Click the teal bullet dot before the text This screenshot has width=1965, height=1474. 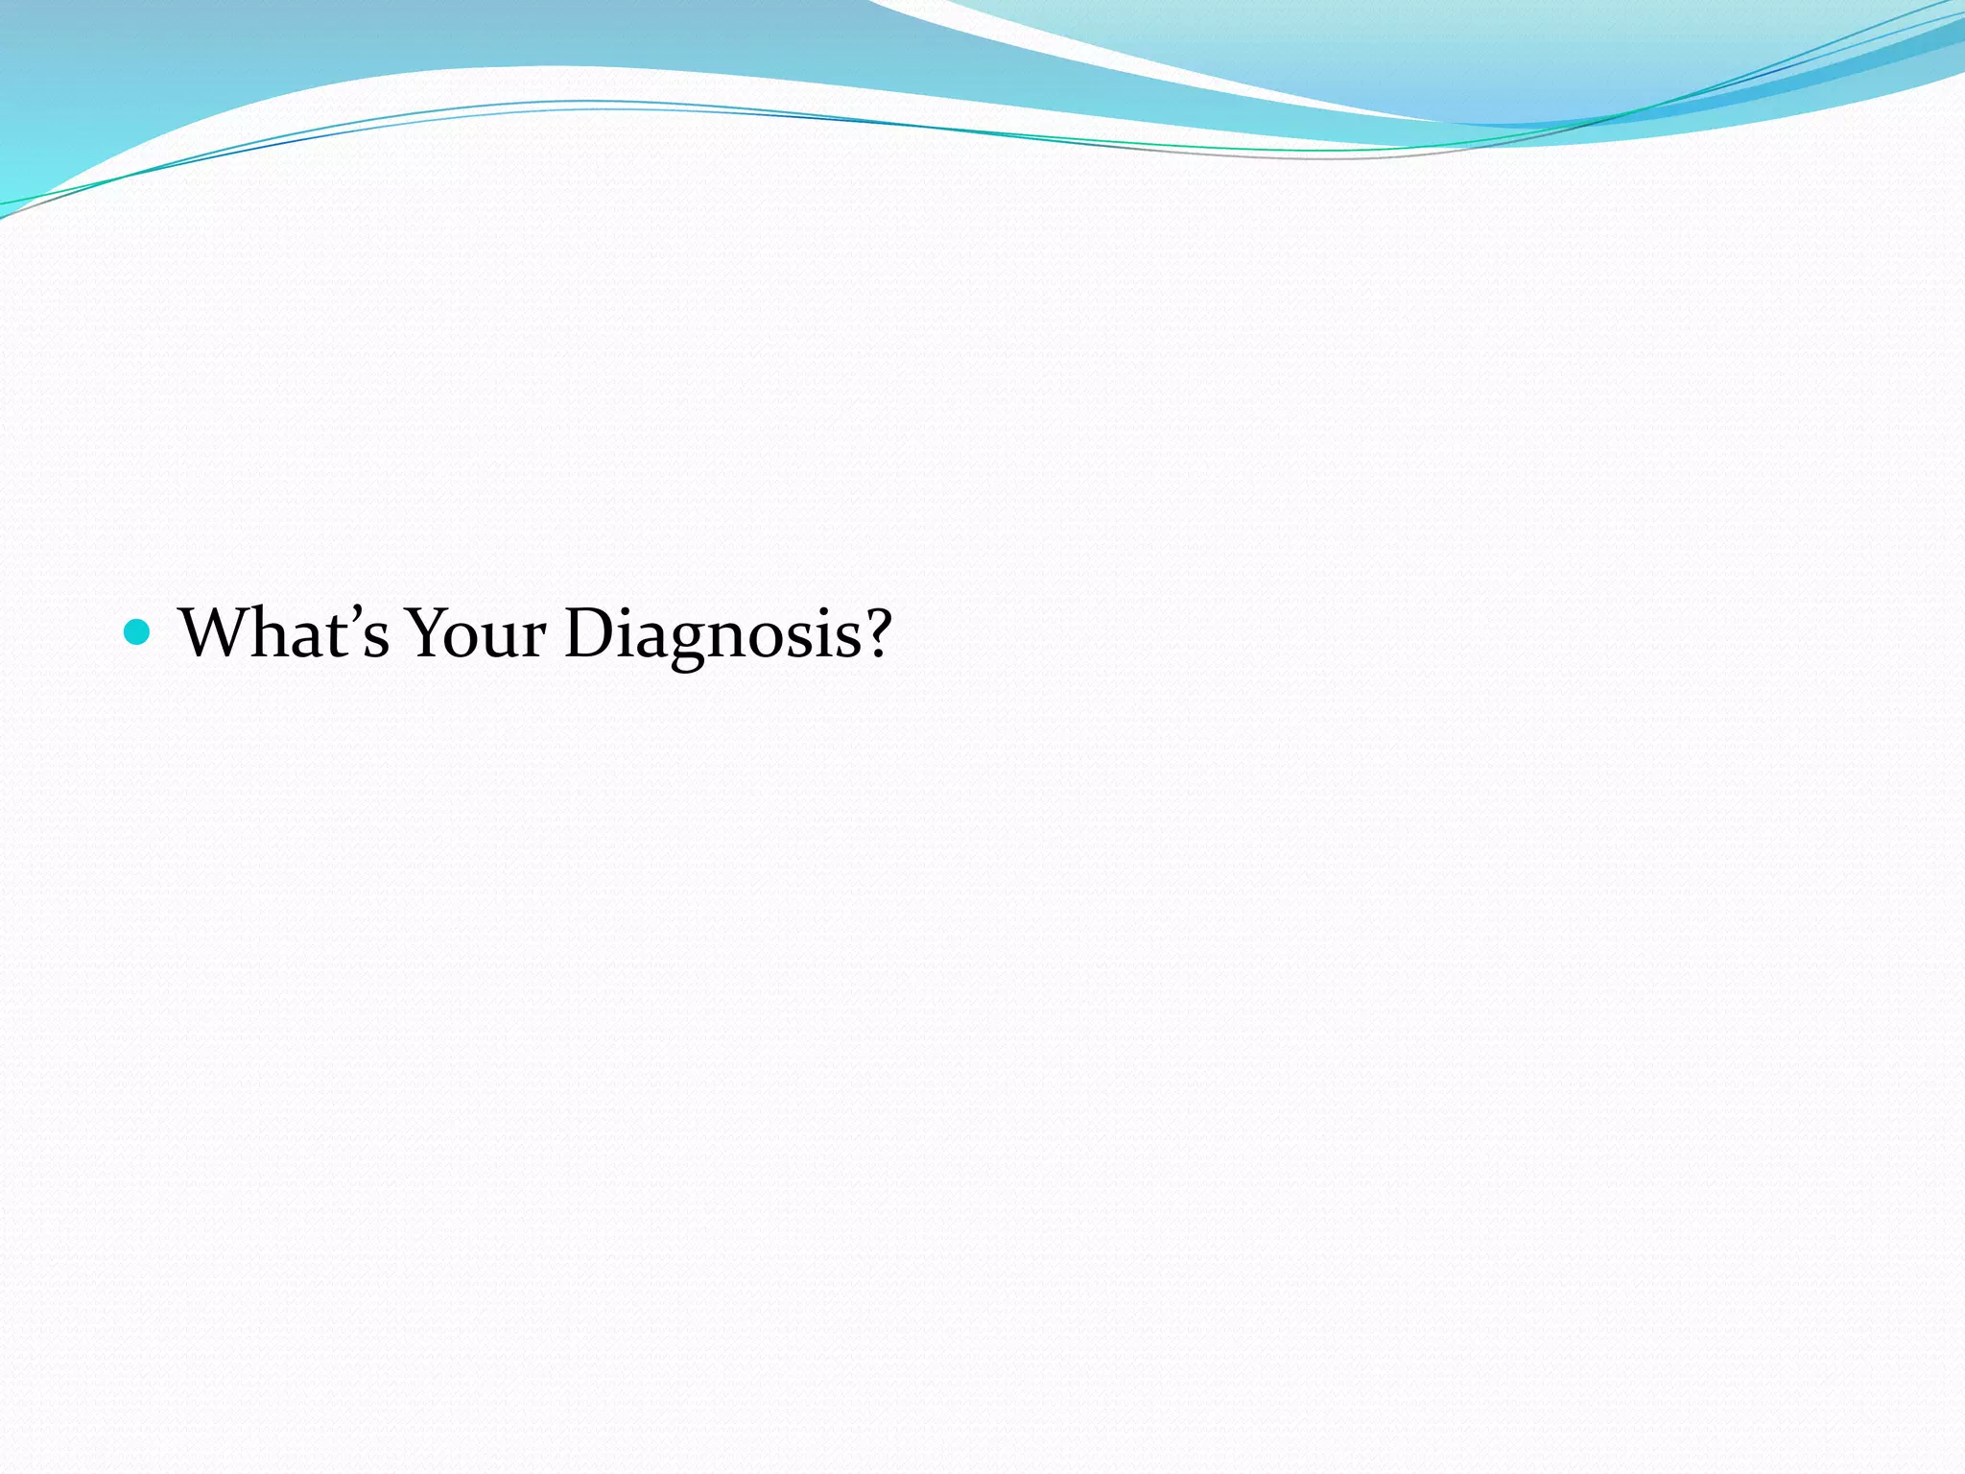(x=137, y=631)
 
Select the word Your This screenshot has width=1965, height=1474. (x=476, y=633)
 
